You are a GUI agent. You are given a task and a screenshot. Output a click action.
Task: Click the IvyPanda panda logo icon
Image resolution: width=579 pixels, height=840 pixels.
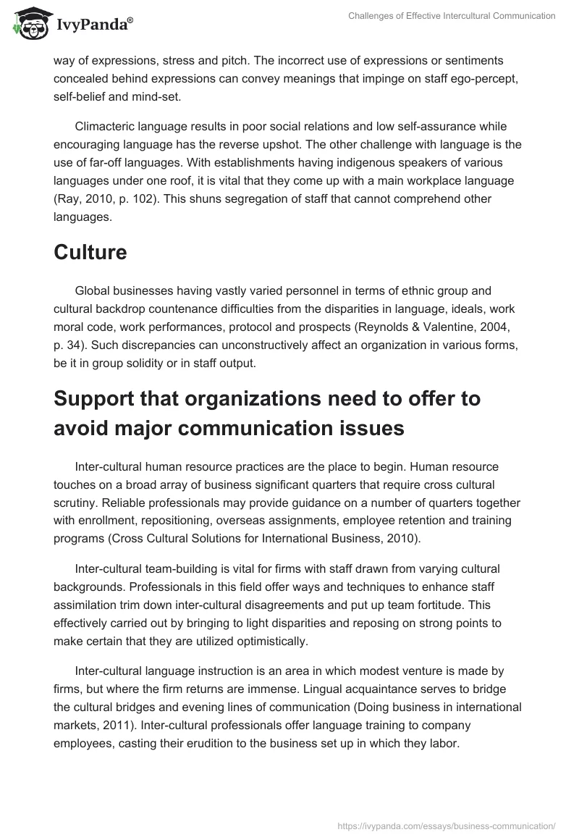pos(27,22)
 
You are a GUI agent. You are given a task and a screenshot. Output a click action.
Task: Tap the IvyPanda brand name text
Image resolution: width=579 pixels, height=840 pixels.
pos(94,25)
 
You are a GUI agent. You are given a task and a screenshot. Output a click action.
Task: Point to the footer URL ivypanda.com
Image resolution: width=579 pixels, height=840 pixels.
pos(447,825)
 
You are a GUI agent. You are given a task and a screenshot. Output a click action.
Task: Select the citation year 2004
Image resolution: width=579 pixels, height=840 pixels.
pos(510,326)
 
